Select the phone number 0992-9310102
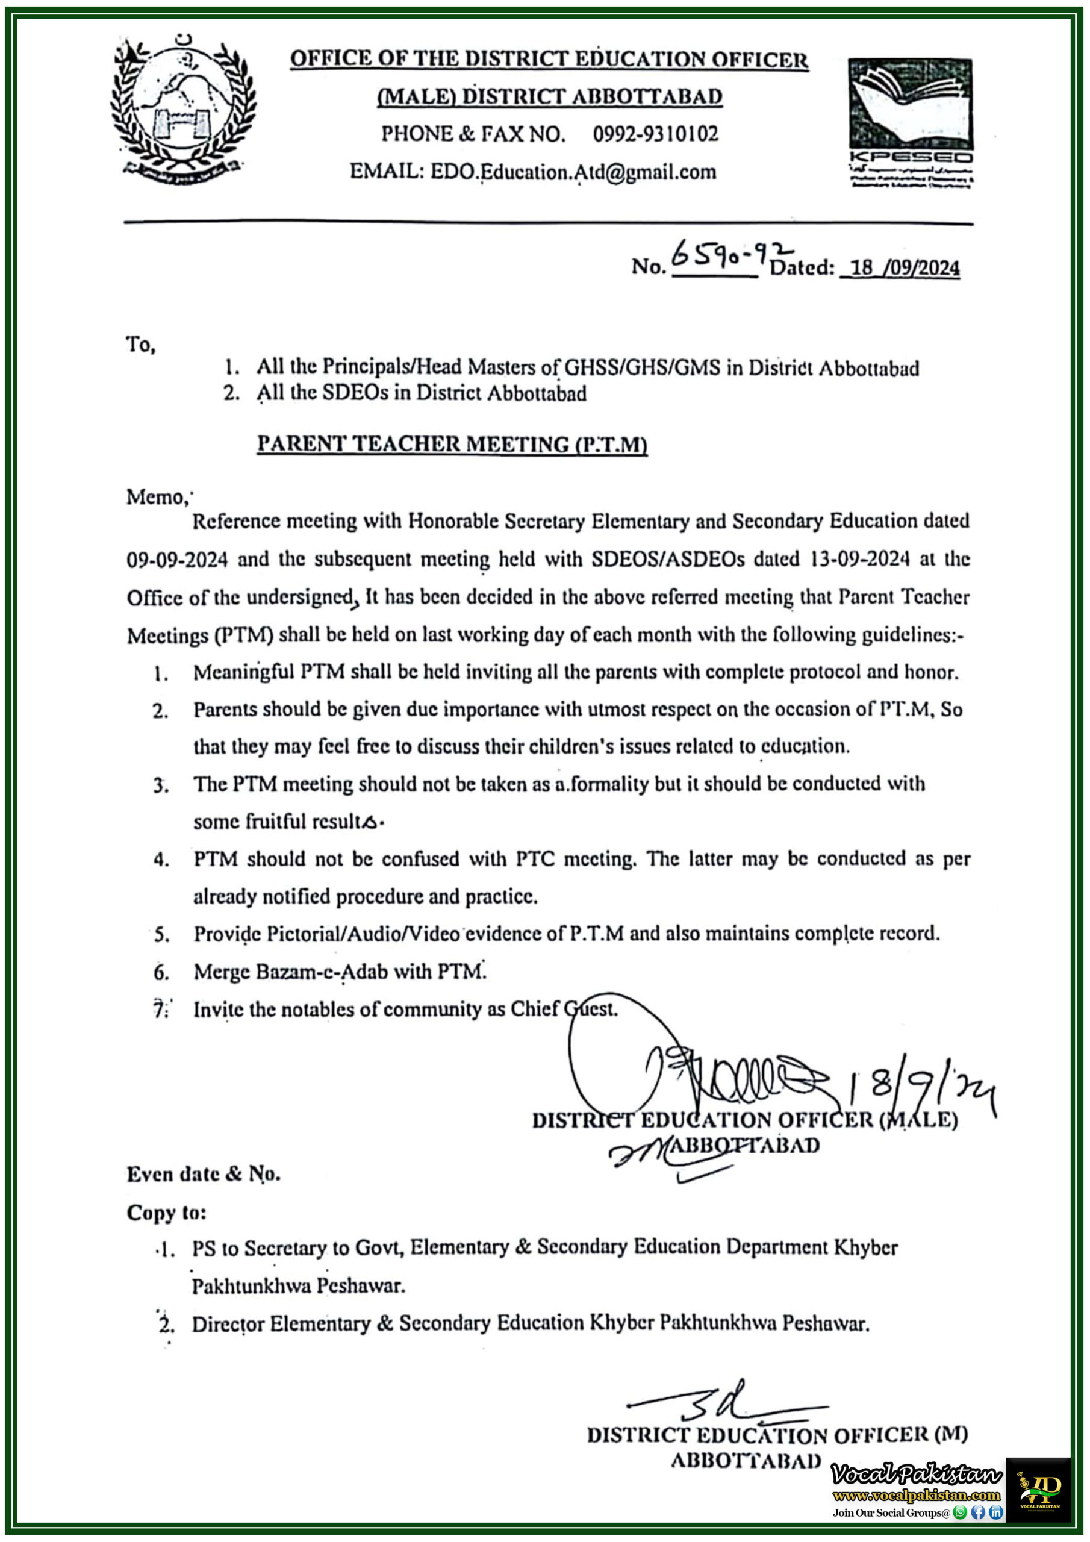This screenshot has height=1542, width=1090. (655, 134)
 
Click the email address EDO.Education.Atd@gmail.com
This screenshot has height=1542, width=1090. (573, 172)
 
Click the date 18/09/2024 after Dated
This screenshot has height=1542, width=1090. (904, 269)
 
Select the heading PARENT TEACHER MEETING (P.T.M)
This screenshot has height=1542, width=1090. (452, 445)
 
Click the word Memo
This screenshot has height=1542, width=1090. (155, 498)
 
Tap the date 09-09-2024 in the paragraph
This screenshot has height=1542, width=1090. (177, 560)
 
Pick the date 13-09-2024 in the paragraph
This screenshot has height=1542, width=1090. (859, 559)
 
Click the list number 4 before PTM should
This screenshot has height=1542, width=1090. (161, 860)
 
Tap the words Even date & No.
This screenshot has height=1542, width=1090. (204, 1174)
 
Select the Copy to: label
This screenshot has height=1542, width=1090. (166, 1213)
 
